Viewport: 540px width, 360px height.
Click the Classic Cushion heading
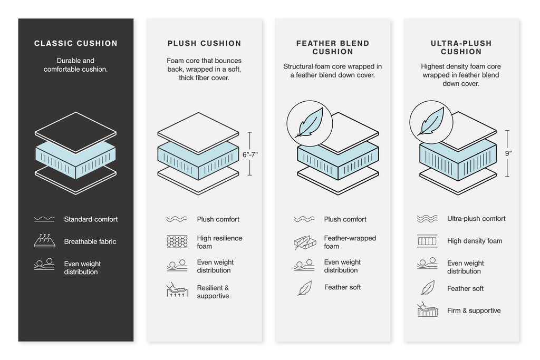76,43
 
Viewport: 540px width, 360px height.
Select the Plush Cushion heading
204,43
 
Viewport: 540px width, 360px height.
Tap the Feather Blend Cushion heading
332,47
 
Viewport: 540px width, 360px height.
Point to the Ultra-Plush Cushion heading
461,47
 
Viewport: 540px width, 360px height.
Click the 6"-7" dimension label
250,154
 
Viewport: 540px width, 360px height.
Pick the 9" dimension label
508,154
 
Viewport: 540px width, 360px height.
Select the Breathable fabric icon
44,241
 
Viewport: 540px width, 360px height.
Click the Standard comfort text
91,219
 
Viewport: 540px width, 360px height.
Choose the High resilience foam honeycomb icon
177,242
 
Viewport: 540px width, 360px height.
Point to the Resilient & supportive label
213,292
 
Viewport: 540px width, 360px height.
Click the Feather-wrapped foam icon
304,242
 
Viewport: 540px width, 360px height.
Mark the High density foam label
475,241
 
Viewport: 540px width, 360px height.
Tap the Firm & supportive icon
427,310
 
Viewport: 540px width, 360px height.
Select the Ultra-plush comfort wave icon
427,219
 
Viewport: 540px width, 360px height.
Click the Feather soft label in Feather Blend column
342,287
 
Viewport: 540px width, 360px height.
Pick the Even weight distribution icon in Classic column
44,265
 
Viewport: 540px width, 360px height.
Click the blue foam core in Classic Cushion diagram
75,156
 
